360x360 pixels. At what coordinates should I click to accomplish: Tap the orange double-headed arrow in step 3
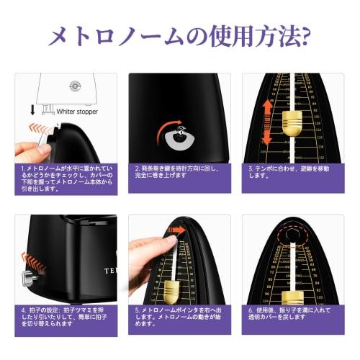coord(266,122)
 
